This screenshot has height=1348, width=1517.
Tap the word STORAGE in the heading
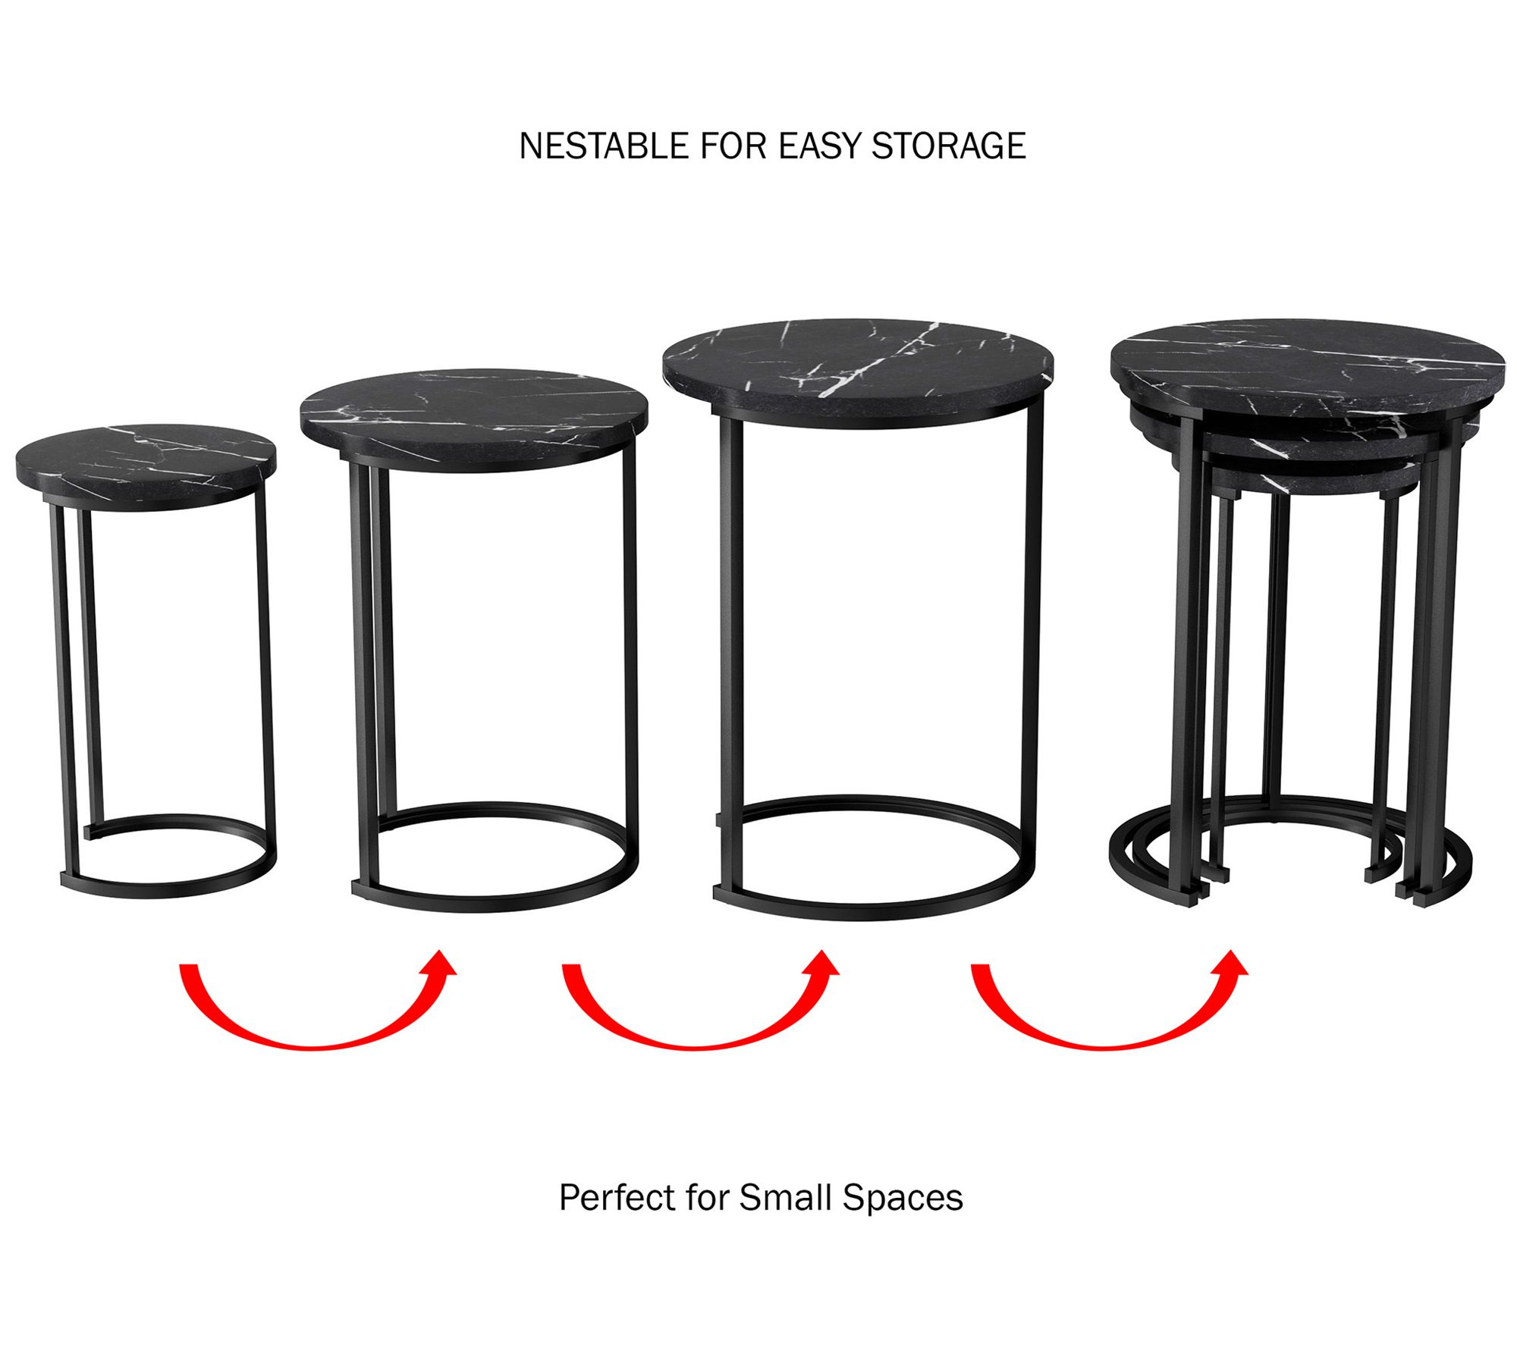[948, 146]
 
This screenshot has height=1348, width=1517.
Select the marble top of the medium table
[474, 419]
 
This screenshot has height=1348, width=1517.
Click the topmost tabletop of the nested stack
[1308, 370]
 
